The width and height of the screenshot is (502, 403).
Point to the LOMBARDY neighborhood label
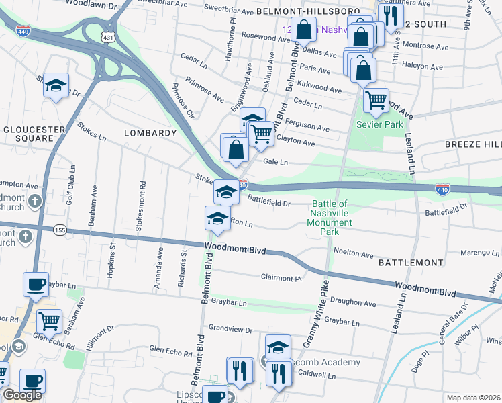[x=150, y=133]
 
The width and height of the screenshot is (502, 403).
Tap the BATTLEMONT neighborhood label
[x=411, y=262]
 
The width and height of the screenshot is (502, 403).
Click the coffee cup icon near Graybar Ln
[x=35, y=283]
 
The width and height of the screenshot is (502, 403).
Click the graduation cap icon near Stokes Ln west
[x=56, y=85]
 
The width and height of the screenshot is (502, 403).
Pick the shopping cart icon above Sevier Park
[x=376, y=100]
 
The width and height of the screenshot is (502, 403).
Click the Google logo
[x=21, y=395]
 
